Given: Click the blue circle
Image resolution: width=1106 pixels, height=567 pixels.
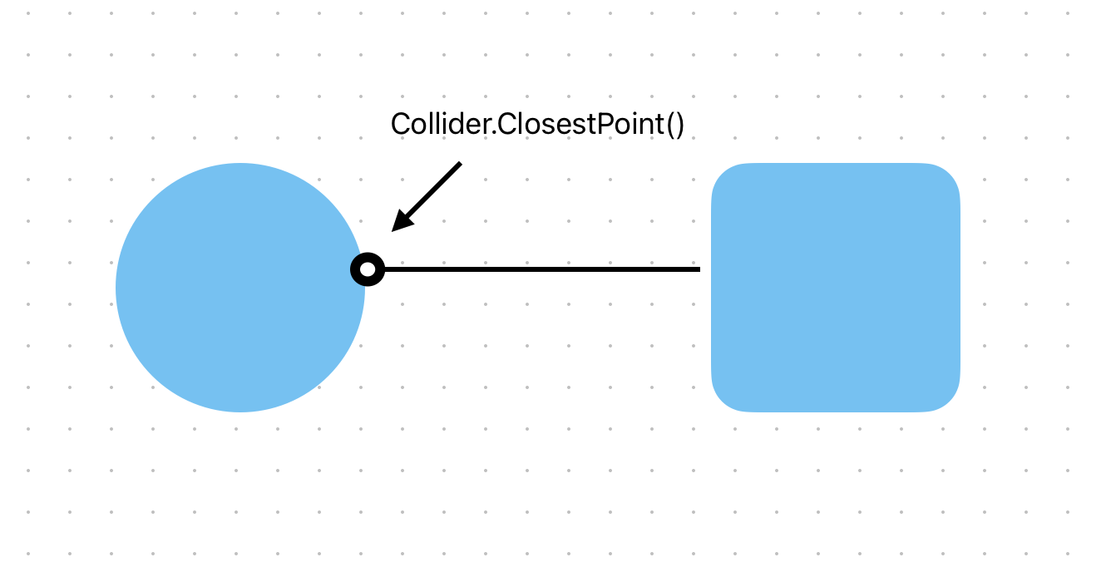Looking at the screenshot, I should (x=240, y=288).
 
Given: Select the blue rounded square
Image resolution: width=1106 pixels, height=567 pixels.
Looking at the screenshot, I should (x=836, y=288).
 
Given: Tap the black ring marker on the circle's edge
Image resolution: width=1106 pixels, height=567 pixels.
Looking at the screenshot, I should (x=368, y=269).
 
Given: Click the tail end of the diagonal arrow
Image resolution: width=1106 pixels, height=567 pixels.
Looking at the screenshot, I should (x=459, y=164).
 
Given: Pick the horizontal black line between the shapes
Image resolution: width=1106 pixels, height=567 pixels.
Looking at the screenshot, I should (x=541, y=269).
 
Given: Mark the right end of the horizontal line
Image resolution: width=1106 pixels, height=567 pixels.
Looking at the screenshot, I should (x=699, y=269).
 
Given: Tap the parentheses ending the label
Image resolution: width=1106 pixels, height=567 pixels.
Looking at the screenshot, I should (x=675, y=125).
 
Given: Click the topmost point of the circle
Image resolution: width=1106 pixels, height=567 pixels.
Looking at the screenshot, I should (x=240, y=164).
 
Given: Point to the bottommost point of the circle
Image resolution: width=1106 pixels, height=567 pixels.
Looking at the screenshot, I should (x=240, y=412).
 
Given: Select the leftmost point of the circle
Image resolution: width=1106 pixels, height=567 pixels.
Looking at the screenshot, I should (x=116, y=288).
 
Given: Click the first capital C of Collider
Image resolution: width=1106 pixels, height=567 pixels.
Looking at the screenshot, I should (x=400, y=124).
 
